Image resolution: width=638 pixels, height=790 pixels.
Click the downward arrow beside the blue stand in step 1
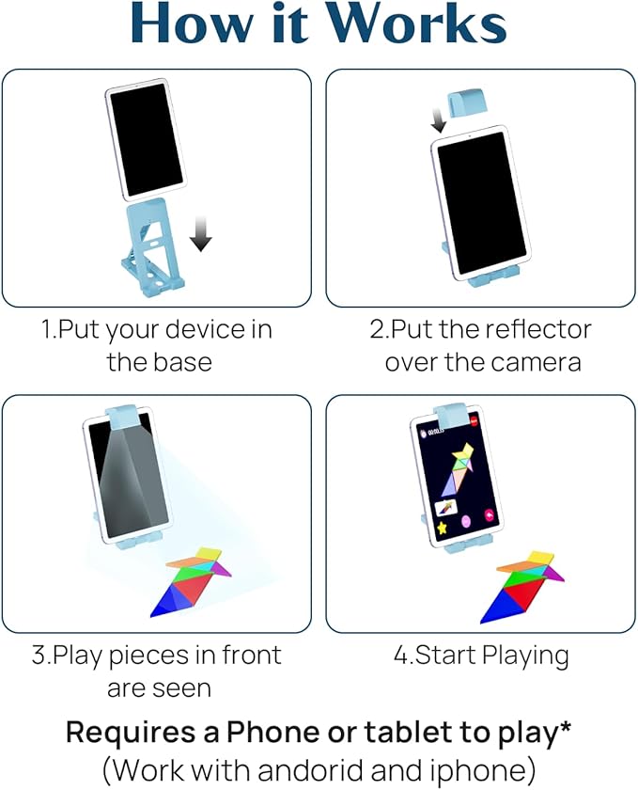(201, 233)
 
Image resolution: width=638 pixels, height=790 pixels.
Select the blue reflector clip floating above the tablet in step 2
(466, 103)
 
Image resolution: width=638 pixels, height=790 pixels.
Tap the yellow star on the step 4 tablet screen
(443, 528)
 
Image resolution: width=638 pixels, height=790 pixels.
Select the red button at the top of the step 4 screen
(474, 421)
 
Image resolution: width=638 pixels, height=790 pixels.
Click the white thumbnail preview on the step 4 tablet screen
(446, 507)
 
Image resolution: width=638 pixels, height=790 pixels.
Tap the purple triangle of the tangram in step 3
(221, 569)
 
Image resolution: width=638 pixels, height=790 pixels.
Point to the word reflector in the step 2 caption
(537, 329)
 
